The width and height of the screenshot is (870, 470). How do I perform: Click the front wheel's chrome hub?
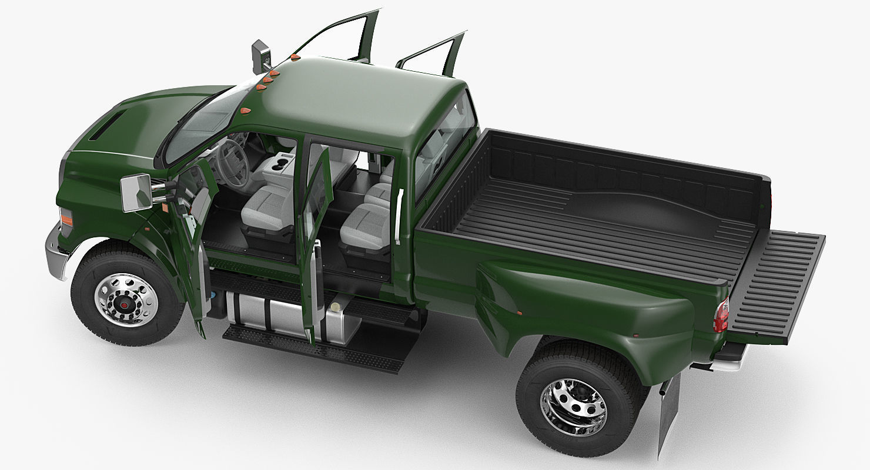(x=125, y=300)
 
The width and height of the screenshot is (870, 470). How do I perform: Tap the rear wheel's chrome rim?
(x=573, y=407)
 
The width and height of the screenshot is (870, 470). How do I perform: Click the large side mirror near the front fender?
(x=136, y=192)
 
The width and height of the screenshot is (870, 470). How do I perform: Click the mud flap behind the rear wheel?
(x=669, y=411)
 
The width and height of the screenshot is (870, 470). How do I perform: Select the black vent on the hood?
(x=106, y=126)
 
